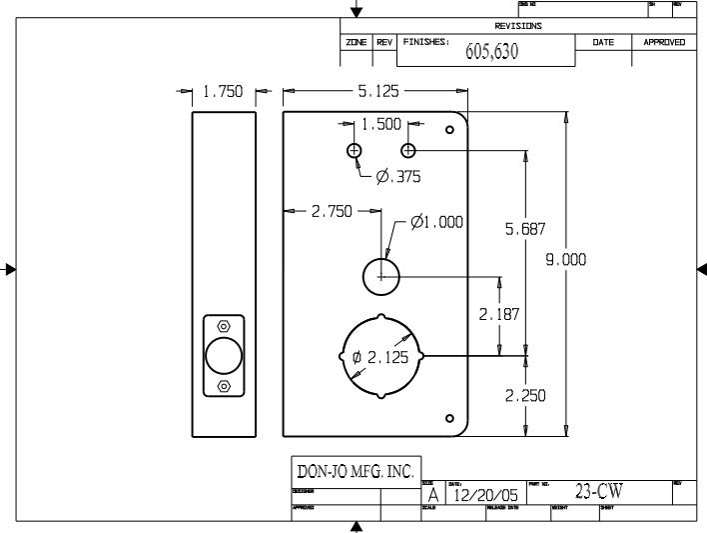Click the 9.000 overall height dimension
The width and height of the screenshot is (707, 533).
(x=565, y=260)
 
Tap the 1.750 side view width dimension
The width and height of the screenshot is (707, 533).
(x=223, y=92)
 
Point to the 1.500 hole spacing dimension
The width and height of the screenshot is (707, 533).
(x=380, y=124)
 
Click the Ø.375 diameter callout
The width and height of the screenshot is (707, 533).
(x=397, y=177)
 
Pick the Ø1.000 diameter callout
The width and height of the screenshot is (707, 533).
(x=436, y=222)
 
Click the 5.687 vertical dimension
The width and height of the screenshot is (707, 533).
(x=525, y=229)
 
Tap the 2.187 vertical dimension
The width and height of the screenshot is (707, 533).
(x=498, y=314)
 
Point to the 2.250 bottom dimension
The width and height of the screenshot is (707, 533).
(x=524, y=395)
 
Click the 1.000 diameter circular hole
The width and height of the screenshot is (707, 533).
(x=380, y=276)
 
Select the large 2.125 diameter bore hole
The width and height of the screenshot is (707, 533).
(x=382, y=356)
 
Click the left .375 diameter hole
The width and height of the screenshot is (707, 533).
(x=353, y=150)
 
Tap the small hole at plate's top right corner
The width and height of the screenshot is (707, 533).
(x=449, y=129)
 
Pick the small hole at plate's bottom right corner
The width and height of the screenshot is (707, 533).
(x=449, y=417)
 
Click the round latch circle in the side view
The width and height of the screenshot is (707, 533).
(x=223, y=356)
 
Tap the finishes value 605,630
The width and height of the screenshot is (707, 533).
(x=491, y=52)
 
